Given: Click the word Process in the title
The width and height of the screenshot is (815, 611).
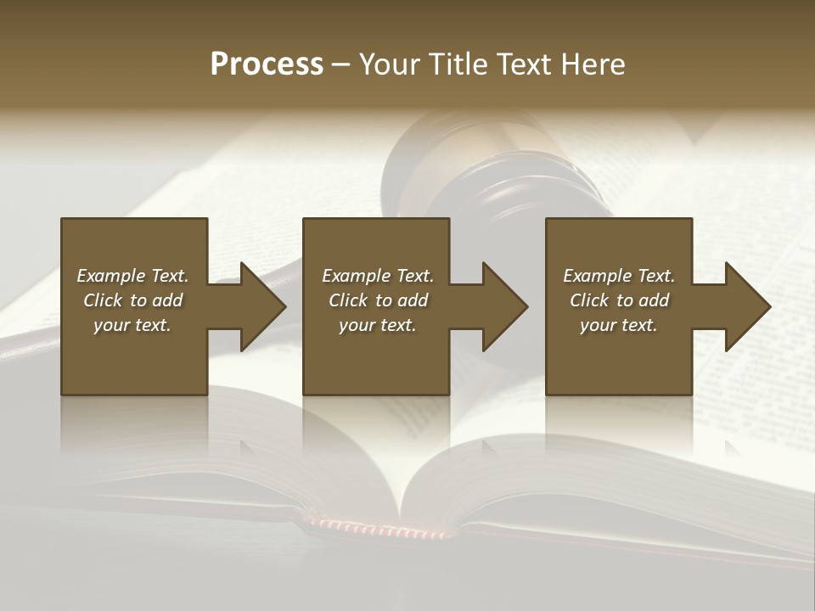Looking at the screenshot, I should click(x=267, y=64).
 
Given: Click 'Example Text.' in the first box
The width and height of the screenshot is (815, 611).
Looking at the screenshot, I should click(x=132, y=276).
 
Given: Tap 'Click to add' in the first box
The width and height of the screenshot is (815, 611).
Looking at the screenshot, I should click(x=132, y=300).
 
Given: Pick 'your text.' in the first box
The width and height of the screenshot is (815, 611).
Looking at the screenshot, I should click(x=132, y=325).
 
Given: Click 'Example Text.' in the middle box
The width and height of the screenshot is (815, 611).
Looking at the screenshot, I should click(x=378, y=276).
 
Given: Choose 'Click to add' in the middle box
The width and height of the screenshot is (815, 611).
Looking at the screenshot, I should click(x=378, y=300).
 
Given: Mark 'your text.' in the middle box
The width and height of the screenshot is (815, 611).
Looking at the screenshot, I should click(x=378, y=325).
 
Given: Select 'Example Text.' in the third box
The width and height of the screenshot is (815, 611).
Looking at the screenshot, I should click(x=619, y=276).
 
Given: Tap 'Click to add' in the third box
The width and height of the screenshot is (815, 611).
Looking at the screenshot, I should click(x=619, y=300).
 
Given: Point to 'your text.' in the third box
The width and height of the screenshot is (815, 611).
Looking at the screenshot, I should click(x=619, y=325).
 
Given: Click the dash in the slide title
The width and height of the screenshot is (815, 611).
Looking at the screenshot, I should click(x=340, y=64).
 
